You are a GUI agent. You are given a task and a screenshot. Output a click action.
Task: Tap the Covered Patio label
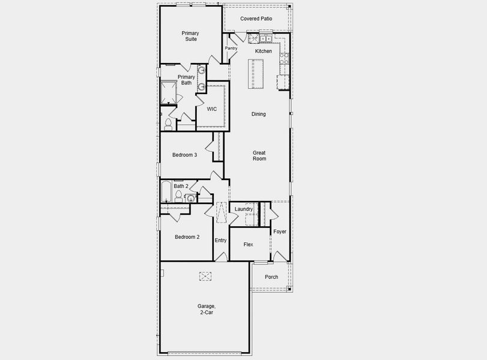(256, 19)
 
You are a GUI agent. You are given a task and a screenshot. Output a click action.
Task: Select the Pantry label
(231, 48)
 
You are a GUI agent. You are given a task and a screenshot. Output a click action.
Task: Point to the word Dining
(258, 114)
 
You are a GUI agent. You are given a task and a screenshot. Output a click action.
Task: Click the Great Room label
(259, 155)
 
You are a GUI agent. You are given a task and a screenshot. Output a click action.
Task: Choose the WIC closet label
(211, 109)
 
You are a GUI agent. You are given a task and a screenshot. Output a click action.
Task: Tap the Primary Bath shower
(168, 91)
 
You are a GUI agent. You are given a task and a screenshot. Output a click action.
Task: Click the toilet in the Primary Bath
(168, 125)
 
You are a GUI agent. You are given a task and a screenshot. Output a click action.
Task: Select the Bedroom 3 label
(184, 155)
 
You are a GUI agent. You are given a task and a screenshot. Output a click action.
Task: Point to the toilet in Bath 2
(179, 197)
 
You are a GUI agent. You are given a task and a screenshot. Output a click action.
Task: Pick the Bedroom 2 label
(187, 237)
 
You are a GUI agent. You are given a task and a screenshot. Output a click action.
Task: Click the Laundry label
(244, 209)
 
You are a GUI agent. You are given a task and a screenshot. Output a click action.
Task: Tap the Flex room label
(249, 245)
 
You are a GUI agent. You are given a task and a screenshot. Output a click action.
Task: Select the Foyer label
(280, 232)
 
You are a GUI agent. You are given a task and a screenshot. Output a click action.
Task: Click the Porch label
(271, 277)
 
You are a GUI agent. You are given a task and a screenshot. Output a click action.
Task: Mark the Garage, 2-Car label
(206, 309)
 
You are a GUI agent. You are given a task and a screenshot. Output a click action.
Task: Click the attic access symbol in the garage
(206, 275)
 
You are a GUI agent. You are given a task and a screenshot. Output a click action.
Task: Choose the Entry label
(221, 241)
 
